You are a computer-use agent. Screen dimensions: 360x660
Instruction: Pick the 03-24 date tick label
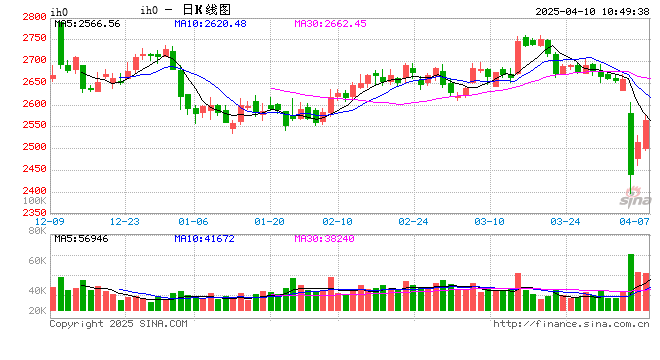point(565,221)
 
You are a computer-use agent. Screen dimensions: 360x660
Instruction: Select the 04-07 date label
point(634,221)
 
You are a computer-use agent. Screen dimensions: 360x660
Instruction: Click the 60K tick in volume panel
point(36,260)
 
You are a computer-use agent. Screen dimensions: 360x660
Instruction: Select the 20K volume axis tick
point(36,311)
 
